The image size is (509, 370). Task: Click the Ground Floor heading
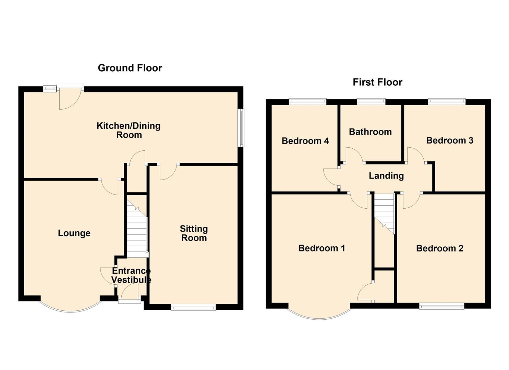[x=130, y=68]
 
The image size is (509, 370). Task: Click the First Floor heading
[x=377, y=82]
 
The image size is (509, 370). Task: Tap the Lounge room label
[x=74, y=233]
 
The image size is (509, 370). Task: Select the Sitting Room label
[x=194, y=233]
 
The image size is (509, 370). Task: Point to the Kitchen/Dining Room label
[x=129, y=130]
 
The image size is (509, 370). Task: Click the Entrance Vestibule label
[x=131, y=275]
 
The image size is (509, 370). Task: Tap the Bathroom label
[x=370, y=132]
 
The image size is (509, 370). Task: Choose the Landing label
[x=386, y=176]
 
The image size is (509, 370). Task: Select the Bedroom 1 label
[x=322, y=248]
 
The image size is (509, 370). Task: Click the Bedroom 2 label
[x=440, y=248]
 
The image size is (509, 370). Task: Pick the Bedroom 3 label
[x=450, y=140]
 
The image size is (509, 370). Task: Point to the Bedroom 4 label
[x=305, y=141]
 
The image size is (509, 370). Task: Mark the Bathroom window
[x=371, y=101]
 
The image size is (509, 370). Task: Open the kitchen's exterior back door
[x=70, y=98]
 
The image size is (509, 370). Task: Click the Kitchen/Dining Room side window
[x=242, y=128]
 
